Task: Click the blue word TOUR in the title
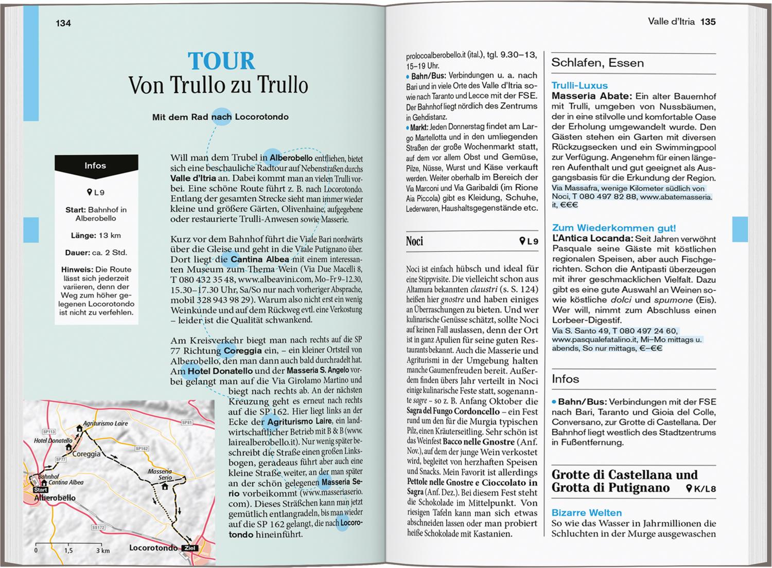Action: (x=221, y=61)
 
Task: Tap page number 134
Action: (x=63, y=23)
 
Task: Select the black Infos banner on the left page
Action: (x=96, y=166)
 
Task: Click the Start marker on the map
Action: (x=41, y=490)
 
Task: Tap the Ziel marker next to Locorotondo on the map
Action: (x=190, y=548)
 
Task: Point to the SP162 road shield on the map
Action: (x=142, y=448)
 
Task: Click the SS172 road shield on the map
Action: (x=98, y=527)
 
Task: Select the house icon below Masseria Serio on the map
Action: (x=165, y=486)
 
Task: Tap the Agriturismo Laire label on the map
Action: (x=105, y=424)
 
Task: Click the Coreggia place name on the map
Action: (x=86, y=454)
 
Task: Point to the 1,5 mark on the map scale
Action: (x=68, y=551)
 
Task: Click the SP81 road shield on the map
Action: (x=187, y=423)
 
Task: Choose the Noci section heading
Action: (x=414, y=241)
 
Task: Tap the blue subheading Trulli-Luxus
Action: (x=580, y=85)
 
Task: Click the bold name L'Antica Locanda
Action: (x=592, y=239)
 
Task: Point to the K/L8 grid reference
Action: (x=701, y=488)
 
